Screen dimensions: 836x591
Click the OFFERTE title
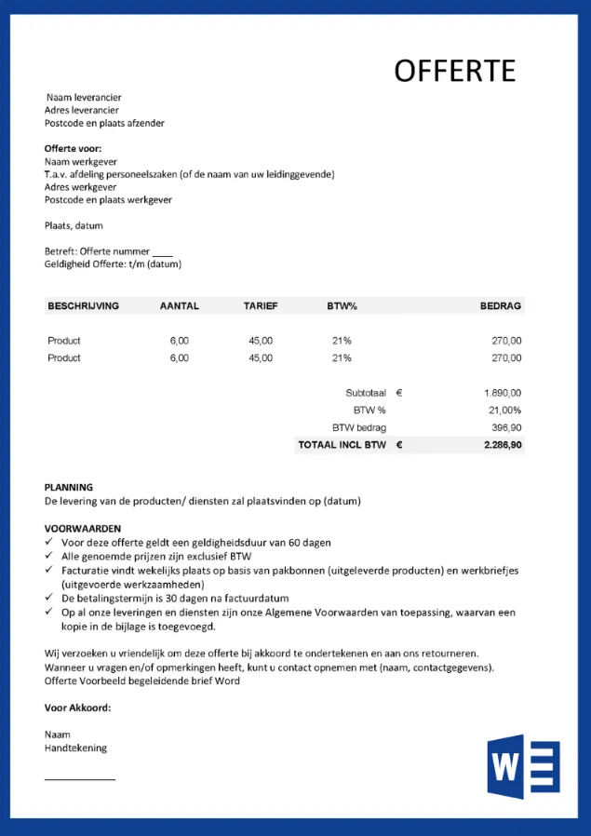pyautogui.click(x=454, y=71)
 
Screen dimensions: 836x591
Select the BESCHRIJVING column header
pyautogui.click(x=84, y=305)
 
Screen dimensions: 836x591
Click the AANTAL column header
pyautogui.click(x=180, y=305)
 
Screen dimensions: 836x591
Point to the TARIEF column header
pyautogui.click(x=261, y=305)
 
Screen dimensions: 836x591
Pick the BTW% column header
pyautogui.click(x=342, y=305)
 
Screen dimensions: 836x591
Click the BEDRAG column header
pyautogui.click(x=501, y=305)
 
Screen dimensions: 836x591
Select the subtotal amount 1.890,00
pyautogui.click(x=503, y=393)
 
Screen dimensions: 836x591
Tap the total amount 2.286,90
pyautogui.click(x=503, y=445)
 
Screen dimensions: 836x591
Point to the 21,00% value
pyautogui.click(x=504, y=410)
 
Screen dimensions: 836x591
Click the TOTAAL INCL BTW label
pyautogui.click(x=342, y=445)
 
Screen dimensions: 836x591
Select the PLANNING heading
pyautogui.click(x=69, y=487)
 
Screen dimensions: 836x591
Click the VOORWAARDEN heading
pyautogui.click(x=83, y=529)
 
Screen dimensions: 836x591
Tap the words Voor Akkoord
pyautogui.click(x=77, y=708)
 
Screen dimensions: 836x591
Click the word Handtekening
pyautogui.click(x=75, y=748)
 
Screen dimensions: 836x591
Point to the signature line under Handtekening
pyautogui.click(x=80, y=778)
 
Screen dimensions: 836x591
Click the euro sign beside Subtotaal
pyautogui.click(x=399, y=393)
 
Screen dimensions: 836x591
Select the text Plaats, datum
pyautogui.click(x=74, y=225)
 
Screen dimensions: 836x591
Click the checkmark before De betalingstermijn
pyautogui.click(x=49, y=599)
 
